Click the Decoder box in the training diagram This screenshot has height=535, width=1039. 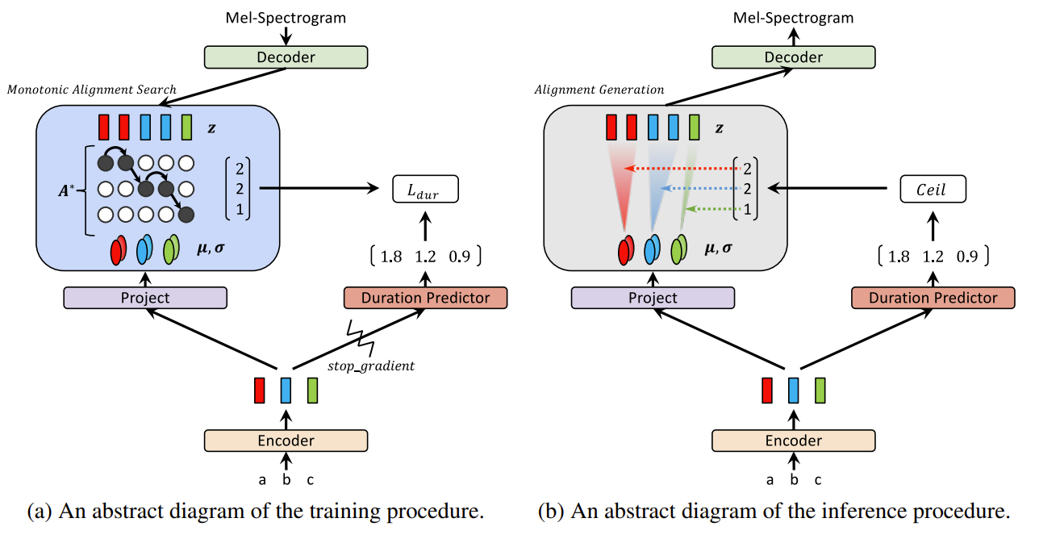tap(286, 56)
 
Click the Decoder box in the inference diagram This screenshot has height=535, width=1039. tap(793, 56)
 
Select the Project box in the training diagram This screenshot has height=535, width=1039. tap(145, 298)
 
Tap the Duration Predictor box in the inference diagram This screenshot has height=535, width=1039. tap(933, 298)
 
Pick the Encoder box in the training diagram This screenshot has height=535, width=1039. tap(286, 441)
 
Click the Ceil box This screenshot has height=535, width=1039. tap(933, 190)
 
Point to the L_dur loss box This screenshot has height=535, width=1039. tap(425, 190)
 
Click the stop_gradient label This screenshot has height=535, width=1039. tap(371, 366)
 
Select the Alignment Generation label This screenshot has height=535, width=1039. tap(599, 90)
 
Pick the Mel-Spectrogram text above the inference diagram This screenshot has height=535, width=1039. tap(793, 17)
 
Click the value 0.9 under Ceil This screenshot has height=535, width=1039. tap(968, 257)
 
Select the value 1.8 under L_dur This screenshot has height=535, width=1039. tap(390, 257)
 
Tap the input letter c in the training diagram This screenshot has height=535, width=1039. tap(311, 480)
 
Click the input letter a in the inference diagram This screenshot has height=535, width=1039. tap(770, 480)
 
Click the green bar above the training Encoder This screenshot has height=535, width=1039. tap(312, 391)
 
